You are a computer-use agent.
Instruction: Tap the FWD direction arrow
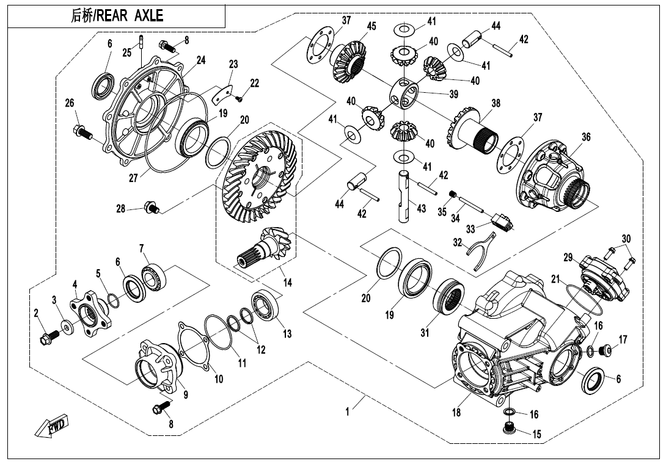point(51,426)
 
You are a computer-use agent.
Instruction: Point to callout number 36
point(585,137)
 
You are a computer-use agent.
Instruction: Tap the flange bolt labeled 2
point(47,335)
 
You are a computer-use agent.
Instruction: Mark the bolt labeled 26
point(81,131)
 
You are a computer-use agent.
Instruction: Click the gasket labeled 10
point(195,349)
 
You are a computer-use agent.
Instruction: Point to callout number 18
point(456,413)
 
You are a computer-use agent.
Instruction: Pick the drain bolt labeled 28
point(150,208)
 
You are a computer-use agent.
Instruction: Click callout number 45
point(371,26)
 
